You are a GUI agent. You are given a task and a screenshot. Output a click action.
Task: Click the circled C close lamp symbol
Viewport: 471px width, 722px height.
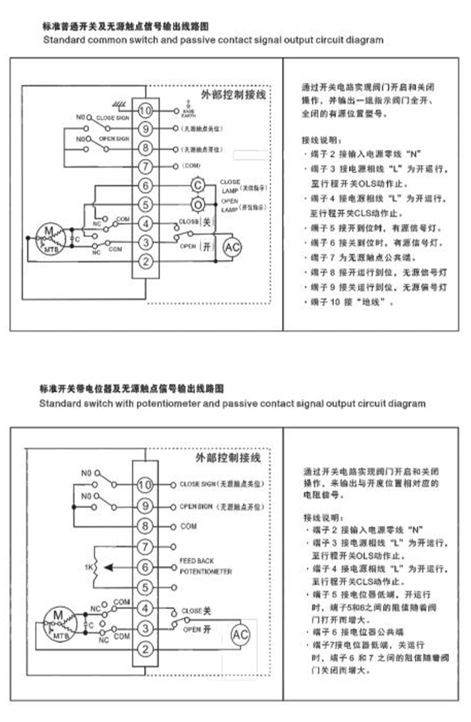click(197, 186)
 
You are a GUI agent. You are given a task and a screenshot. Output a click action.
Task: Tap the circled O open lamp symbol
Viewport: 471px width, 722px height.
click(197, 205)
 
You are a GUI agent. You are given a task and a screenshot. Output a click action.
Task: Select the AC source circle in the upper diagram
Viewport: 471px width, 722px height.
click(233, 246)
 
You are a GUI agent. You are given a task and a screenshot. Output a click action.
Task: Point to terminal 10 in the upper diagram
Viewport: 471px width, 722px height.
click(145, 110)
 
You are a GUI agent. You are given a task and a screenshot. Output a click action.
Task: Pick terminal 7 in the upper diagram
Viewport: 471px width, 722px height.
click(145, 166)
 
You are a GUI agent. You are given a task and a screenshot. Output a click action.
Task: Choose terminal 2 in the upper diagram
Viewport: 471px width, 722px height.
click(145, 261)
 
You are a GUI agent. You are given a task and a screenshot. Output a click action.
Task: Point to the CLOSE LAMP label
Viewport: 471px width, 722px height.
click(230, 185)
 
